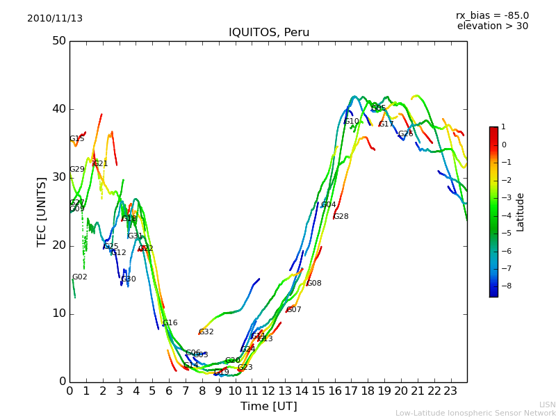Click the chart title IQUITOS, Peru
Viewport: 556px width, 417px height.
[269, 33]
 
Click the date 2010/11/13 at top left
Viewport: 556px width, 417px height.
[55, 19]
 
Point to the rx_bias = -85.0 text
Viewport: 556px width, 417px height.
[492, 15]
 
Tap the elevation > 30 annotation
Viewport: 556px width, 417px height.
[492, 26]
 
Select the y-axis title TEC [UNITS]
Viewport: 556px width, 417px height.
[42, 211]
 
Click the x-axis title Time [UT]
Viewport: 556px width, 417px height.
[268, 406]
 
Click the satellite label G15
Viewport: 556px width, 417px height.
[77, 139]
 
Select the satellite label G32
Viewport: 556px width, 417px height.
[206, 332]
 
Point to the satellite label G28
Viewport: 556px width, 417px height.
[341, 217]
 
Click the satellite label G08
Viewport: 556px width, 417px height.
[314, 284]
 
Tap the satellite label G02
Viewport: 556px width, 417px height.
[80, 277]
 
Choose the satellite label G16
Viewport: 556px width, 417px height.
[170, 323]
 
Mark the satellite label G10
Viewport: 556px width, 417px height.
[352, 122]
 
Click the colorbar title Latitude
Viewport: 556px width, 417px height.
[521, 212]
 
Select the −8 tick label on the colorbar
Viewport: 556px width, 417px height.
[504, 285]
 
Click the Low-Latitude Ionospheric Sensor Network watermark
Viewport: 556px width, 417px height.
[475, 413]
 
